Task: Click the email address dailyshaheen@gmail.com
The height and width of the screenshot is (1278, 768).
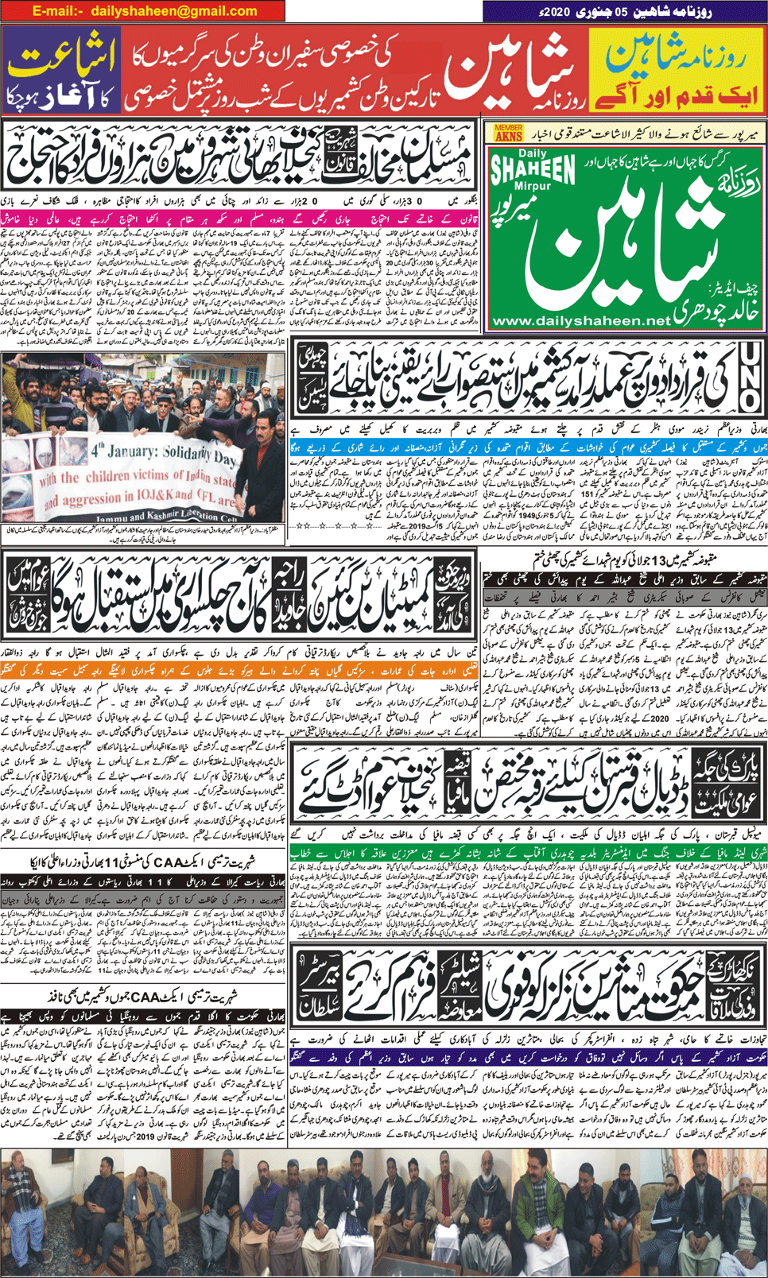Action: tap(174, 11)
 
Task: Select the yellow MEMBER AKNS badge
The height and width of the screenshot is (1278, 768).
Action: tap(509, 133)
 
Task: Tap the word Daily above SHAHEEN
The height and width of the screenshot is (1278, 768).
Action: tap(533, 153)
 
